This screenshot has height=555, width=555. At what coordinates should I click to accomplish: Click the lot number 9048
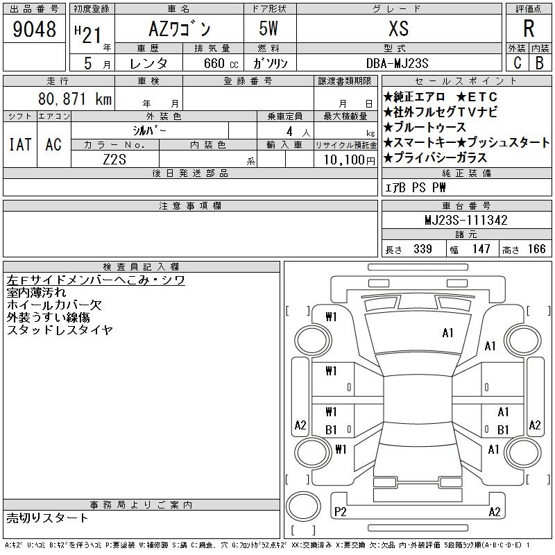[34, 29]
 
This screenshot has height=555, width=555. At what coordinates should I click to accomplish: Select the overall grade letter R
[529, 28]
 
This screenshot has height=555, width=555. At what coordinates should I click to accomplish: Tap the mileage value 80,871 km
[75, 99]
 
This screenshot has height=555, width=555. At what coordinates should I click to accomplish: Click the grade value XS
[398, 28]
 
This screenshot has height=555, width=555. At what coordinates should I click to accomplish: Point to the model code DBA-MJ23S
[397, 63]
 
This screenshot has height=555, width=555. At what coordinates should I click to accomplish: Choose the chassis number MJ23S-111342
[466, 220]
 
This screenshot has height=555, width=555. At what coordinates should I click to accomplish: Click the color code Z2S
[114, 160]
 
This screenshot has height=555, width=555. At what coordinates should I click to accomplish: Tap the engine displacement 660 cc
[221, 63]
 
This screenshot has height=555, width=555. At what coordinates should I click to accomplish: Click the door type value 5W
[268, 28]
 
